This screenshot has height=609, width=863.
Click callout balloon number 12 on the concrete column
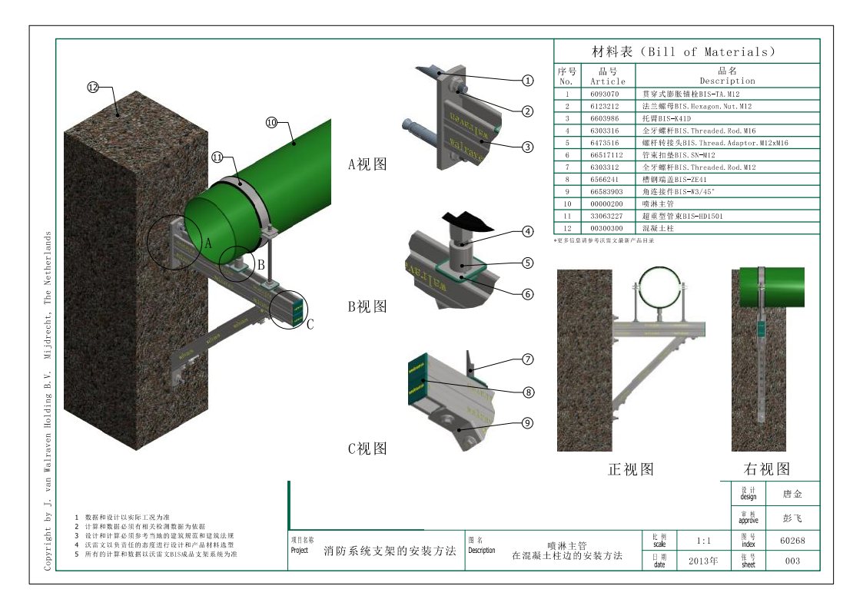point(93,88)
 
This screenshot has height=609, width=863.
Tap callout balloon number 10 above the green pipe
point(271,122)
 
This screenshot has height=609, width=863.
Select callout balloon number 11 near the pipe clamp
point(217,157)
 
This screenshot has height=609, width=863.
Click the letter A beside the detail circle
point(207,243)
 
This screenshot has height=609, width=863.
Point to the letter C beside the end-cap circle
point(310,324)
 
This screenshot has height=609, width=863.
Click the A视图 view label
point(367,164)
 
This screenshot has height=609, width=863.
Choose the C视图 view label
point(367,448)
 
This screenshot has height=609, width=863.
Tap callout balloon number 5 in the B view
point(528,263)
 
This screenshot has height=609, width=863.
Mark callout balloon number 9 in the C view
point(528,422)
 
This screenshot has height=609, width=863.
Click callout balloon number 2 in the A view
point(528,111)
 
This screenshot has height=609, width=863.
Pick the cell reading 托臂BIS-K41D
point(669,119)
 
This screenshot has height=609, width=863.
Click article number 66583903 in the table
point(607,191)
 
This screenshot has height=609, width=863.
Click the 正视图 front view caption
point(631,468)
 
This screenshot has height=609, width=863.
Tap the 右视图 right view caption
point(766,468)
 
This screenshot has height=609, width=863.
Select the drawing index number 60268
point(792,541)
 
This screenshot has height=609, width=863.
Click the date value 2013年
point(699,561)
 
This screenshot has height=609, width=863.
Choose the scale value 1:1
point(699,541)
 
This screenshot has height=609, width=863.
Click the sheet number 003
point(792,561)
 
